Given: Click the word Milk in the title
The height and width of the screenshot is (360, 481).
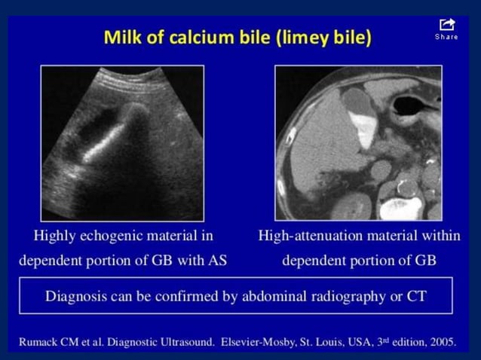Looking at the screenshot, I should [124, 38].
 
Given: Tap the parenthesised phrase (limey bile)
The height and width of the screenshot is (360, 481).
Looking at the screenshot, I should [323, 38].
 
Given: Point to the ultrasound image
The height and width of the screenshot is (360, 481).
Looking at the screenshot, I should [122, 142].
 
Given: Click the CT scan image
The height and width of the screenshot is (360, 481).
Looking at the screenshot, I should [358, 142].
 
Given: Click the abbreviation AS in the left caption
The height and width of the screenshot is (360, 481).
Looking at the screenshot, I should [218, 261].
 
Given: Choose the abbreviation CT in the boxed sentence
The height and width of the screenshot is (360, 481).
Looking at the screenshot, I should [417, 295].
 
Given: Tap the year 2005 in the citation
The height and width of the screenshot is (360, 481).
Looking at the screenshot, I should [441, 342].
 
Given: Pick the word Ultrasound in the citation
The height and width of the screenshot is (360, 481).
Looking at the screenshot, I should [176, 342].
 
